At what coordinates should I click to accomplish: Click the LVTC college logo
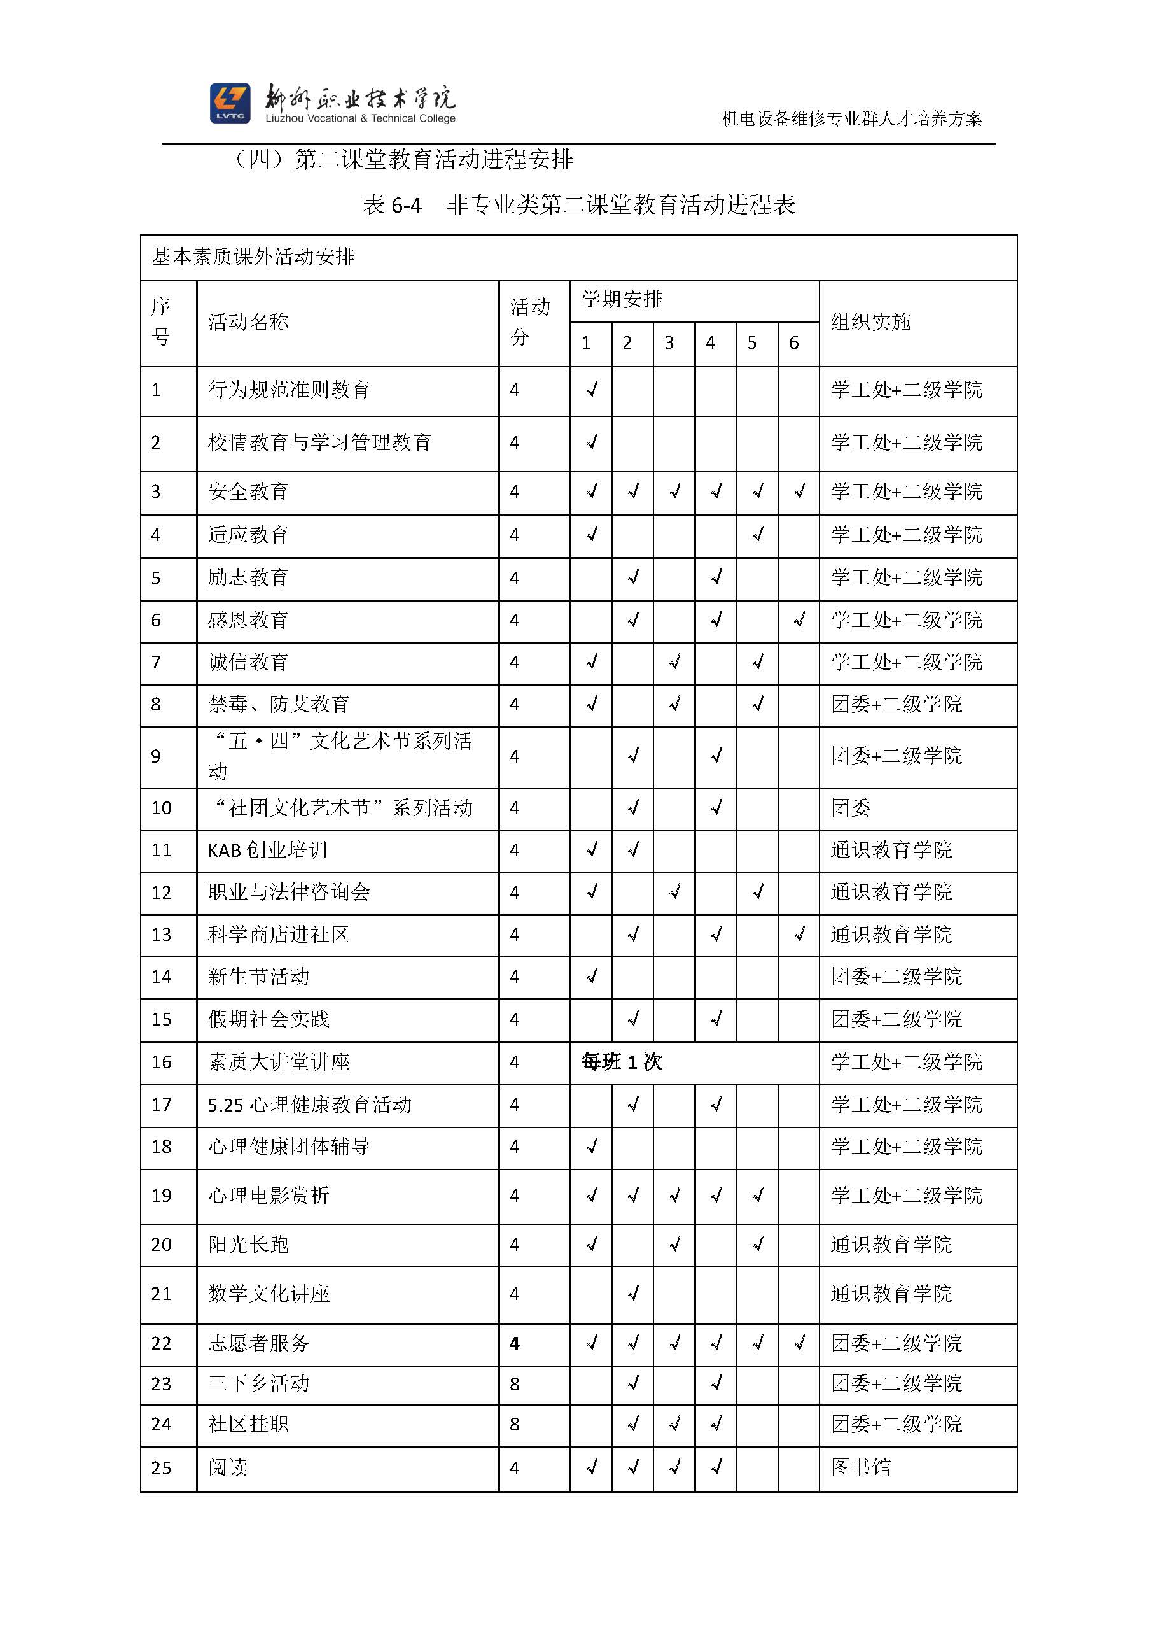coord(230,103)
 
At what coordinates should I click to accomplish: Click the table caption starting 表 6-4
coord(578,205)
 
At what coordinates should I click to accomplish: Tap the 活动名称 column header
coord(248,323)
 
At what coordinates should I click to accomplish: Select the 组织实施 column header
coord(870,323)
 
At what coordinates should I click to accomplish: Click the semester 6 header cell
coord(793,343)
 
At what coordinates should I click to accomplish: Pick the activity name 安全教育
coord(248,491)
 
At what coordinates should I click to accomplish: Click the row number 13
coord(161,935)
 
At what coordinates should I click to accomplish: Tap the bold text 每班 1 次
coord(622,1063)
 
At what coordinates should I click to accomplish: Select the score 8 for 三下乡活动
coord(515,1384)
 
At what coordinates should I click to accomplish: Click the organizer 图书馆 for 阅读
coord(861,1467)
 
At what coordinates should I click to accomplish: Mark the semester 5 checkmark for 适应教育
coord(758,534)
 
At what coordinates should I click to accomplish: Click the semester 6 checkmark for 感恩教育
coord(799,620)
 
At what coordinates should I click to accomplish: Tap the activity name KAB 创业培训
coord(267,850)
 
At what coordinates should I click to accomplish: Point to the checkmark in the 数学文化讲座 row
coord(633,1294)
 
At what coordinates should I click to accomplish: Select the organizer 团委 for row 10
coord(851,808)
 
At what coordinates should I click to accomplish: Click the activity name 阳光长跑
coord(248,1245)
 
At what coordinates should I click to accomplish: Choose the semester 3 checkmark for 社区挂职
coord(674,1424)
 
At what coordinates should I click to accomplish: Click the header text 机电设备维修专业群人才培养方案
coord(851,118)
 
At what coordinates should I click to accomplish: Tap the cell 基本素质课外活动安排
coord(253,257)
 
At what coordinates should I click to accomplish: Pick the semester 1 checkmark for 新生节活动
coord(592,977)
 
